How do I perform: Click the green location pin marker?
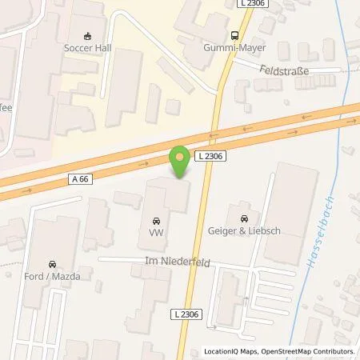click(x=180, y=162)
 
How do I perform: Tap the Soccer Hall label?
click(x=88, y=47)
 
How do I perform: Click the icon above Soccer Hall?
click(x=88, y=34)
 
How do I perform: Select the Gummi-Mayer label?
click(x=234, y=48)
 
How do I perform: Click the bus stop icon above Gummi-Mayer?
click(x=234, y=35)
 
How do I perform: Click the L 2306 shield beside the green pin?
click(x=224, y=158)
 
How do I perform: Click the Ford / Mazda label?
click(x=52, y=277)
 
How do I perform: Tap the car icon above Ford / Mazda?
click(x=52, y=264)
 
